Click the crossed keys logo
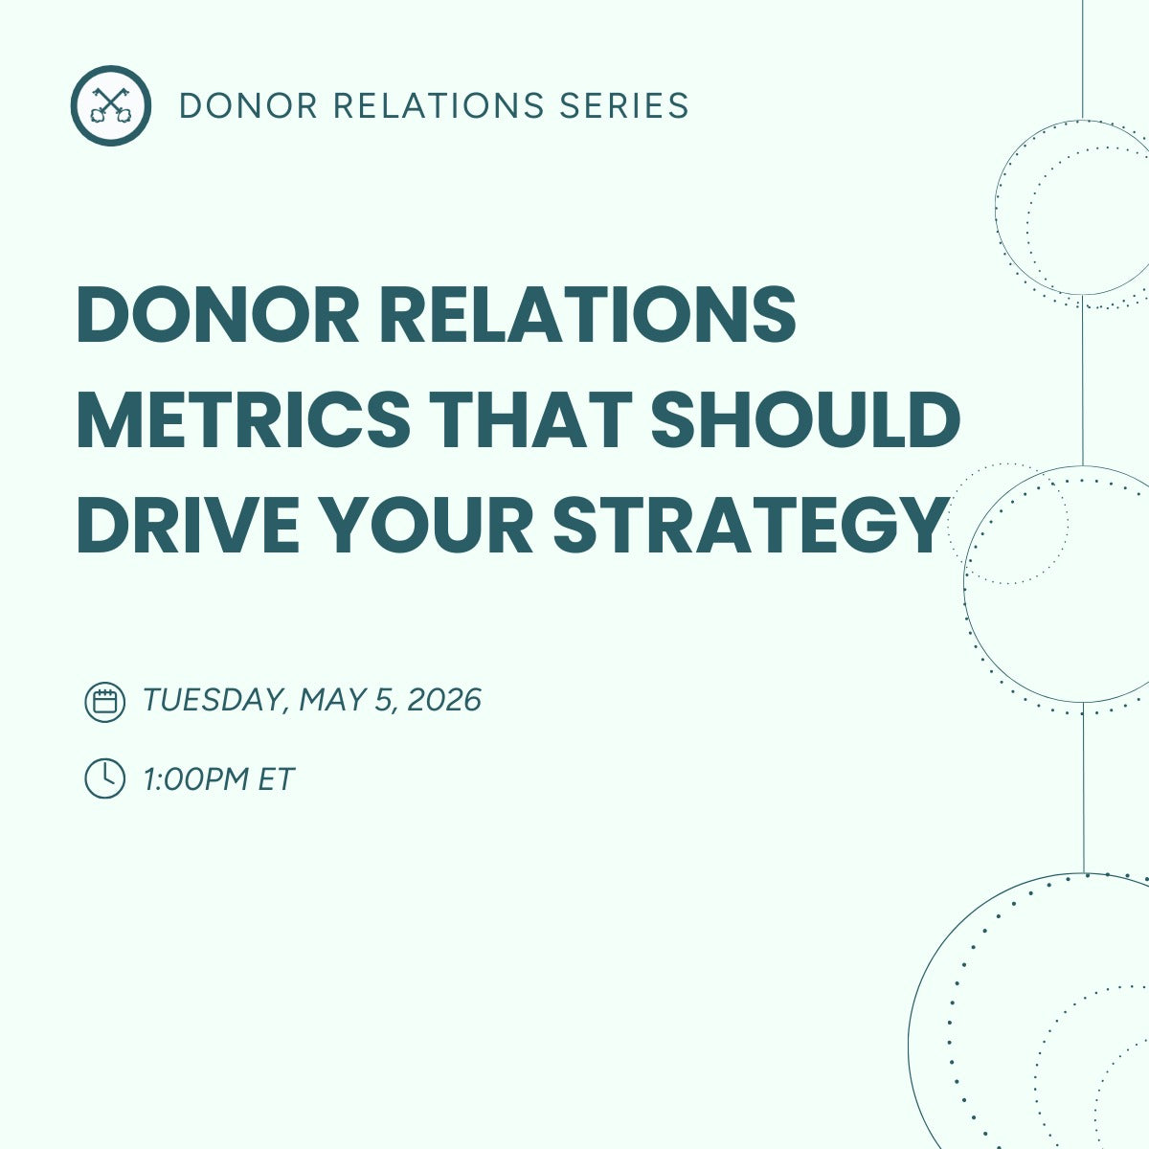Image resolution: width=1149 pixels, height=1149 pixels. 110,105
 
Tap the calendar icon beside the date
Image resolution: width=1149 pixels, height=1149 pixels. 105,702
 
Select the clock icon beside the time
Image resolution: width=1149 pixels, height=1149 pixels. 105,778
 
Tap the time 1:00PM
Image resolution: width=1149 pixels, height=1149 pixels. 196,778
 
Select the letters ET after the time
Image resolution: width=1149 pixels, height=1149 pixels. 276,778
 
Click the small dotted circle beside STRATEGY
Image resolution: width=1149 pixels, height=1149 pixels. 1006,524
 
